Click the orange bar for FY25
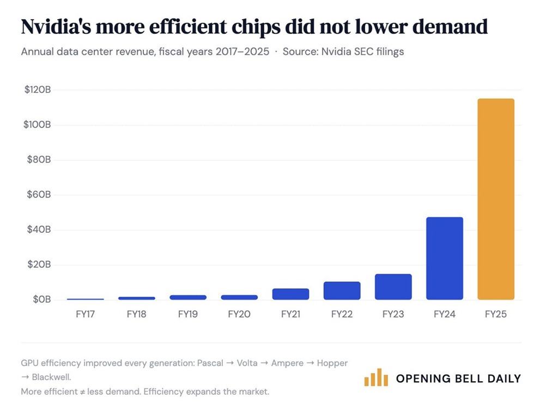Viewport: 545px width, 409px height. [x=495, y=199]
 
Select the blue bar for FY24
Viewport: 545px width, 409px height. [x=444, y=258]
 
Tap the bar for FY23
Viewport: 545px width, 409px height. [x=393, y=287]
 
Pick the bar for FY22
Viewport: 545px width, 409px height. [x=342, y=291]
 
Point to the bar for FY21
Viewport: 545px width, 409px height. [x=290, y=294]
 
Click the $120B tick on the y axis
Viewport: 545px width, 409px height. [x=38, y=90]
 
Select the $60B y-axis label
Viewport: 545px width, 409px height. [x=39, y=195]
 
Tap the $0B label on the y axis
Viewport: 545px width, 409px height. [x=41, y=299]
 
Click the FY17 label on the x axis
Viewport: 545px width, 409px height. [x=86, y=315]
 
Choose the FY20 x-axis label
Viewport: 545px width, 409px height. [x=239, y=315]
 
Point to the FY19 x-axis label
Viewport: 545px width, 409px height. [x=188, y=315]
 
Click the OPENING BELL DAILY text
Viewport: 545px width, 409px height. [x=458, y=378]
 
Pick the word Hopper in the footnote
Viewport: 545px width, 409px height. [x=332, y=363]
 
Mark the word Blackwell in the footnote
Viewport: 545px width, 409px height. [x=52, y=377]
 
